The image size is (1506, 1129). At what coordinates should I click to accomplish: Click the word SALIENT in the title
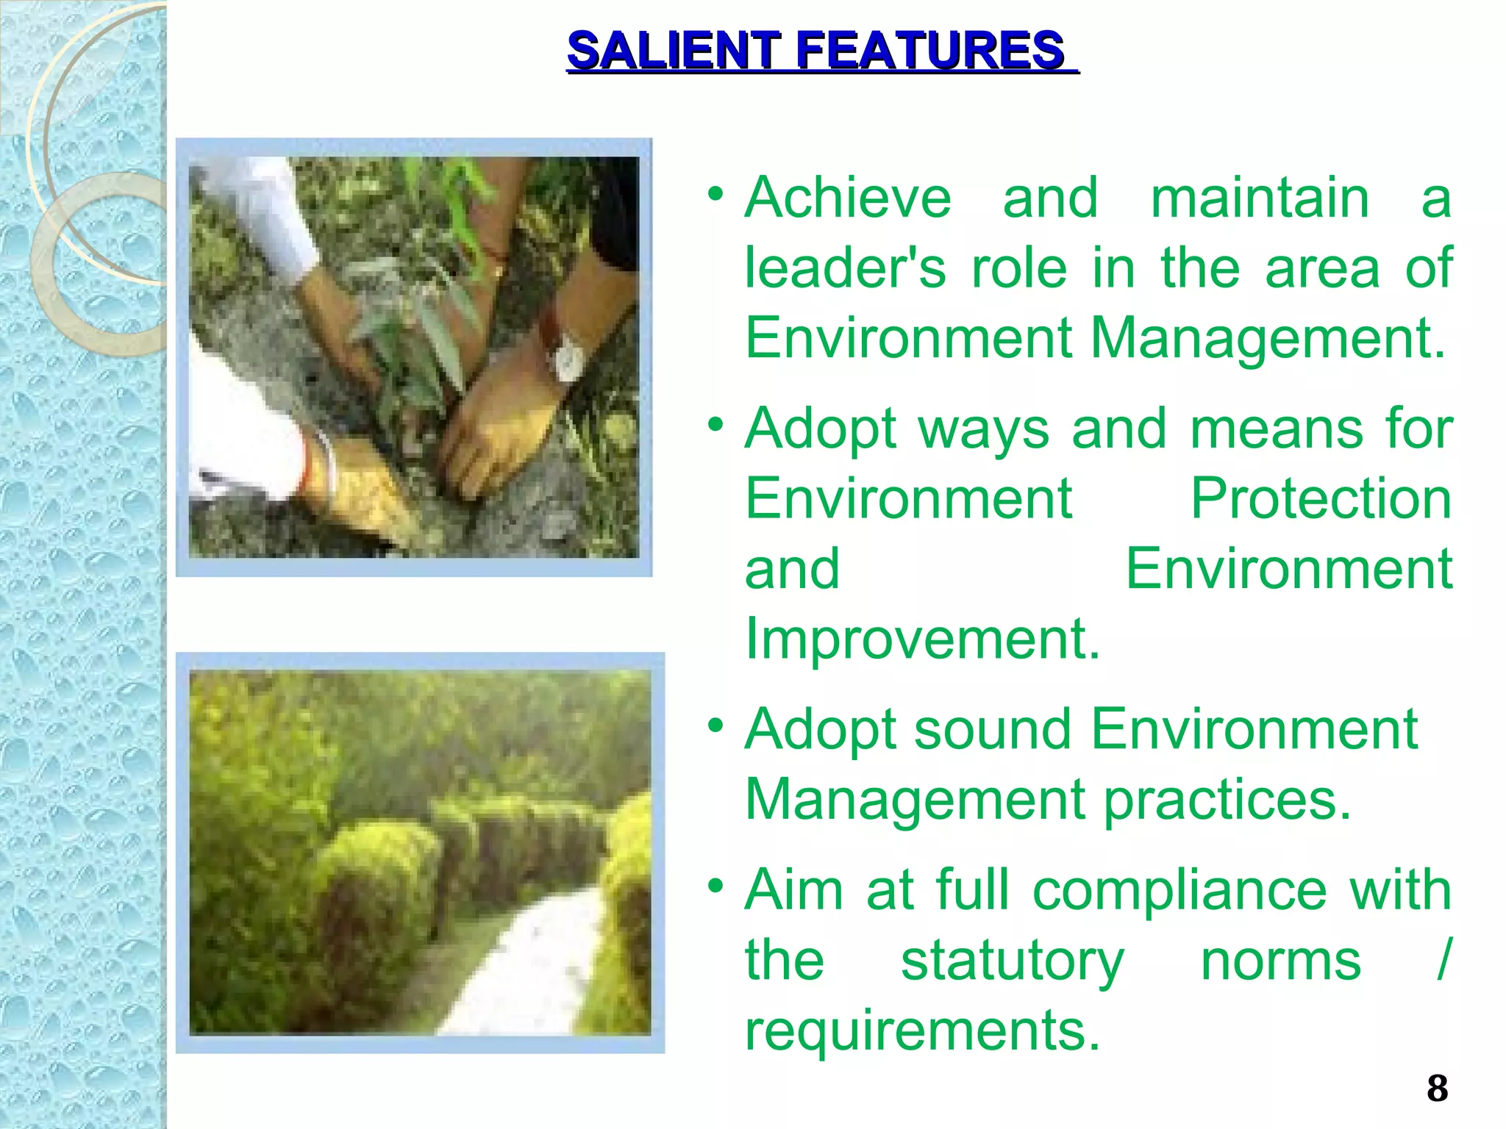point(673,51)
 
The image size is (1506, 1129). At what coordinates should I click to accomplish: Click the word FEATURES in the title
point(930,51)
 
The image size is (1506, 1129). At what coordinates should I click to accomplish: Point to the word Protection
point(1321,499)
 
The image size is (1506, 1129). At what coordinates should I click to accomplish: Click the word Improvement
point(921,639)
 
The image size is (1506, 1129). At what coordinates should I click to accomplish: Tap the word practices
point(1227,800)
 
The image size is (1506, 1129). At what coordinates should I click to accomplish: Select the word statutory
point(1012,961)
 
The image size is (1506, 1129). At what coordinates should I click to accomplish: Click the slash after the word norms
point(1443,959)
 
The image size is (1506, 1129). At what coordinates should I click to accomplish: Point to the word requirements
point(921,1031)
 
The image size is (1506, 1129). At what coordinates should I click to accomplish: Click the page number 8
point(1437,1089)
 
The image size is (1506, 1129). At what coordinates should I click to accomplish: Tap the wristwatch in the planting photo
point(568,359)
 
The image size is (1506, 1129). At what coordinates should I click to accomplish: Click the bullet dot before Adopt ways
point(715,424)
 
